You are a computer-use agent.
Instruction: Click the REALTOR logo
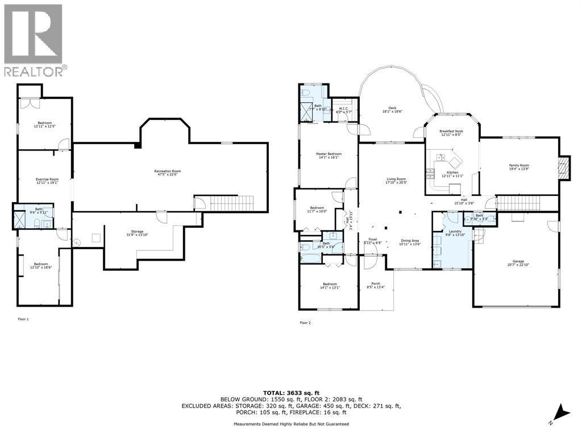point(34,40)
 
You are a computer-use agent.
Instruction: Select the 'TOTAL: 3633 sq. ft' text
point(291,393)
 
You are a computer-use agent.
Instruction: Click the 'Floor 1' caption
point(23,319)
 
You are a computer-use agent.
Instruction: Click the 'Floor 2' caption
point(305,322)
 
